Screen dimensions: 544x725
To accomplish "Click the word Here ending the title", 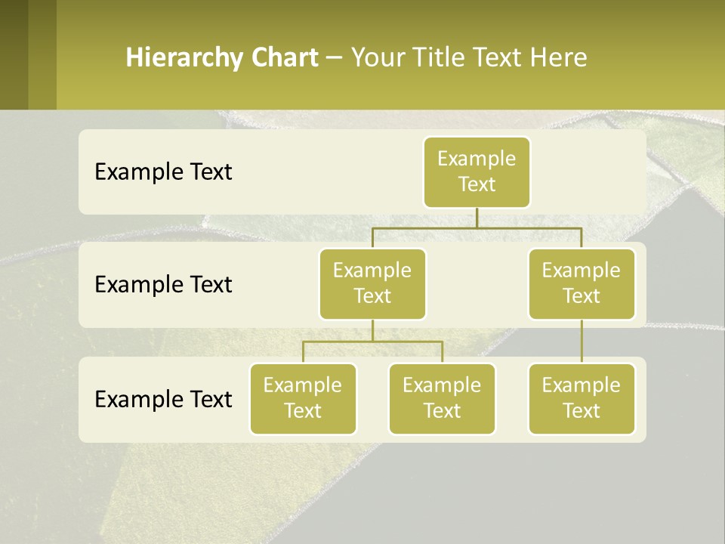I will coord(558,58).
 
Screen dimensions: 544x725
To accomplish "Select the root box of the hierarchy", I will coord(477,172).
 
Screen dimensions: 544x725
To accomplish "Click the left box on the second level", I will coord(372,284).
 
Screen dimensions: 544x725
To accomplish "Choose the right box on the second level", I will coord(582,284).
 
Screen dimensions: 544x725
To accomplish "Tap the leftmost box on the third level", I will coord(303,399).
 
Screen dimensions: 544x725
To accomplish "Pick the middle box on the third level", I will coord(442,399).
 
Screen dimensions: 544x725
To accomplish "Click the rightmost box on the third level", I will coord(582,399).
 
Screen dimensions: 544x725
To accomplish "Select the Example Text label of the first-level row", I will coord(163,172).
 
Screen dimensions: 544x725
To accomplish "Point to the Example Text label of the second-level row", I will coord(163,285).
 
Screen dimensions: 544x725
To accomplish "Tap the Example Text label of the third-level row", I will coord(163,399).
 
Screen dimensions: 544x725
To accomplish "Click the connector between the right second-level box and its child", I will coord(582,342).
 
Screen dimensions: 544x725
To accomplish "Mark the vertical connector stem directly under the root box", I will coord(477,218).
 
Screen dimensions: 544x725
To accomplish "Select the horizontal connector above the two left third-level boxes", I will coord(372,342).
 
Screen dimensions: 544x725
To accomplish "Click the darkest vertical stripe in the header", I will coord(14,54).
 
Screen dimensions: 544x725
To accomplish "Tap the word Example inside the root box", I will coord(477,159).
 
